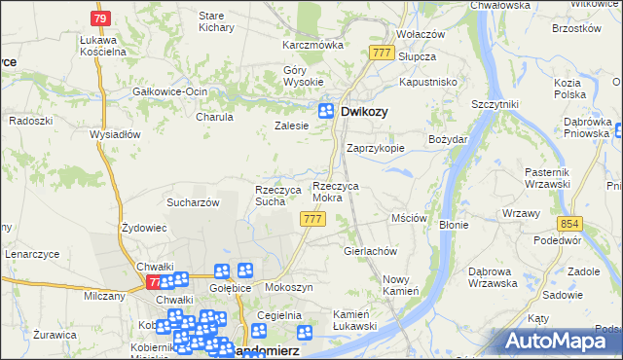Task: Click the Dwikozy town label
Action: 365,112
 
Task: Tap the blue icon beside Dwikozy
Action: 328,112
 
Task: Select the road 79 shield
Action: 100,18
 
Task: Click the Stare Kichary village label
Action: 211,22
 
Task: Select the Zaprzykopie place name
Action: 376,149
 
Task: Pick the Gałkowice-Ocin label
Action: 170,91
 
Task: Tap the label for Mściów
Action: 409,219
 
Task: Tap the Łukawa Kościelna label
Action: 104,45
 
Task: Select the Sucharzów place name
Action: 193,202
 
